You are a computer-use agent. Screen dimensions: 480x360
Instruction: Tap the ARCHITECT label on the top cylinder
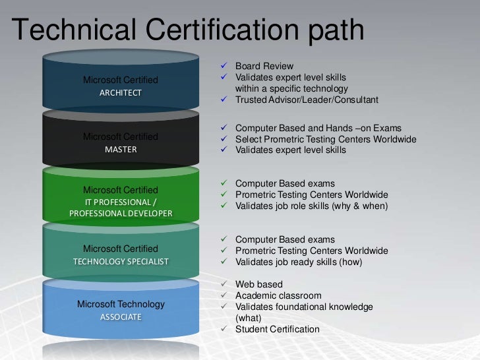[120, 93]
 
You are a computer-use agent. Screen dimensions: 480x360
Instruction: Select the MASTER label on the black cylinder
[121, 150]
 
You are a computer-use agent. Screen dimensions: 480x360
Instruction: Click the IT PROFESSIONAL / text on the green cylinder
[121, 202]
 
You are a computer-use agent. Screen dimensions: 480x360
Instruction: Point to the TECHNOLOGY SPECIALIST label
[121, 262]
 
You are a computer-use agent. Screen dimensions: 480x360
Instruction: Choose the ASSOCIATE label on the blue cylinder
[121, 317]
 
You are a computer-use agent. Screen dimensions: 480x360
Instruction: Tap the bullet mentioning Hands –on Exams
[318, 128]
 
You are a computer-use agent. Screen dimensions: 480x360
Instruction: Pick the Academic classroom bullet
[278, 296]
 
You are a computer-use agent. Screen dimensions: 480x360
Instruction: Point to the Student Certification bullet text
[277, 330]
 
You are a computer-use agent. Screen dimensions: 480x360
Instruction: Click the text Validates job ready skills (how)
[299, 262]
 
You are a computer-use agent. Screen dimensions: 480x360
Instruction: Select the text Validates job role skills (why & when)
[311, 206]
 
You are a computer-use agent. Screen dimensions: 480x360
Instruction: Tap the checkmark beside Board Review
[224, 67]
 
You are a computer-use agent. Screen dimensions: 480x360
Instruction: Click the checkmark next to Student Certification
[224, 330]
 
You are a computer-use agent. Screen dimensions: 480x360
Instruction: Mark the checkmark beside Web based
[224, 285]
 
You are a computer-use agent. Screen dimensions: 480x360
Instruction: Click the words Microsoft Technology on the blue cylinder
[121, 304]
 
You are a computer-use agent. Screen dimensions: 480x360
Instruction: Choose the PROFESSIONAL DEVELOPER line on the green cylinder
[121, 214]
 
